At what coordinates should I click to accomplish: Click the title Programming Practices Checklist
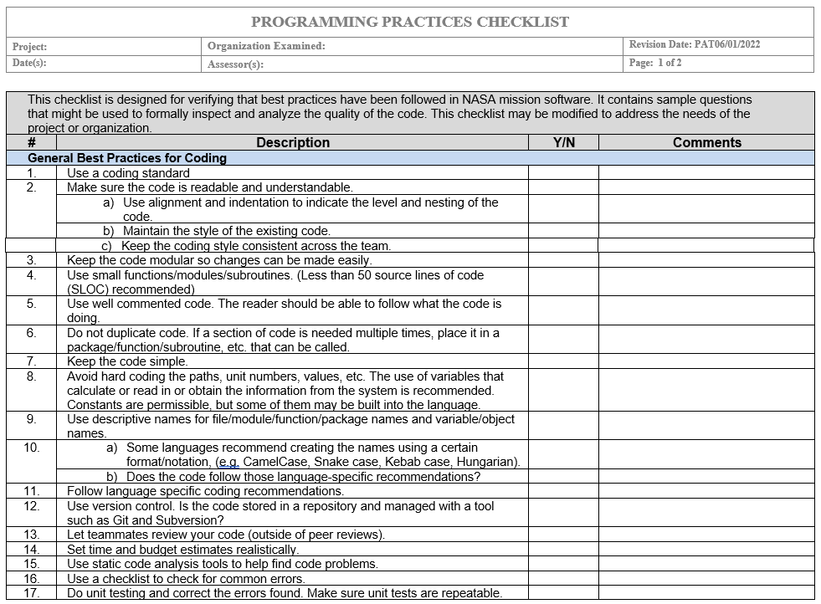tap(410, 23)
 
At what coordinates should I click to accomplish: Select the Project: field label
tap(30, 47)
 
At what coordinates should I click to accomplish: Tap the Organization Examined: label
tap(266, 46)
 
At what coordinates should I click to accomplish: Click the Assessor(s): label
tap(235, 64)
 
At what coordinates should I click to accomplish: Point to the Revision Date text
tap(695, 44)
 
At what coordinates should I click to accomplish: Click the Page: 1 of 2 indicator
tap(655, 63)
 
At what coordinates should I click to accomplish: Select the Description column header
tap(293, 143)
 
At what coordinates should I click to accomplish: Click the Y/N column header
tap(563, 143)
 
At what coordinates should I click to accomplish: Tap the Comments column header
tap(706, 143)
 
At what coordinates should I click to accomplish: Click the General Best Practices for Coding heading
tap(127, 157)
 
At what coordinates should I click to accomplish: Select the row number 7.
tap(31, 361)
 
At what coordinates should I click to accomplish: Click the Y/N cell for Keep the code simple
tap(563, 361)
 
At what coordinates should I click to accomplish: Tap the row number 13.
tap(31, 535)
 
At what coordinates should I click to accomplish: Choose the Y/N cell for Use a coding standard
tap(563, 173)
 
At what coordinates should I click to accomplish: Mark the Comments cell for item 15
tap(706, 564)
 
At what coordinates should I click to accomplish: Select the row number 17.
tap(31, 593)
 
